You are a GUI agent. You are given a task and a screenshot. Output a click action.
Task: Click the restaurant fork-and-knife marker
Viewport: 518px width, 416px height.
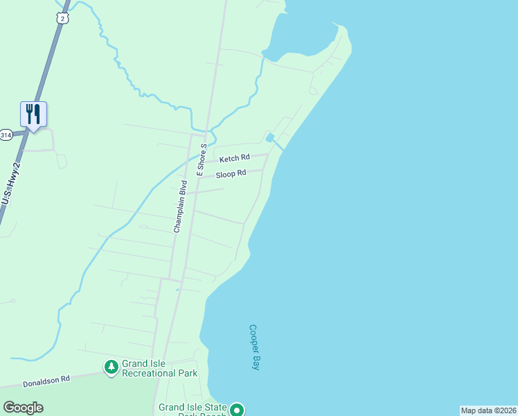coord(33,114)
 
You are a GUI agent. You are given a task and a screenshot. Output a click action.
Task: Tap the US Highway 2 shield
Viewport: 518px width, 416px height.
coord(63,19)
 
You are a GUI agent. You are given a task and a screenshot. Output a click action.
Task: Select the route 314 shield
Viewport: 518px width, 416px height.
coord(6,135)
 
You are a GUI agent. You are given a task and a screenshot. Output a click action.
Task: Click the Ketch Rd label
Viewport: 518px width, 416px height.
coord(234,159)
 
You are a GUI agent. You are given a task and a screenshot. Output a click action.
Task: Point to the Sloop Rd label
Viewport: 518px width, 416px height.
coord(231,174)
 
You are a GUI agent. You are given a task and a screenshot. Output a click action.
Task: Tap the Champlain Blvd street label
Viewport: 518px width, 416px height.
coord(181,205)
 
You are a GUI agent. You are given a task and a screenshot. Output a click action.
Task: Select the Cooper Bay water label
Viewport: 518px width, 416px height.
coord(254,347)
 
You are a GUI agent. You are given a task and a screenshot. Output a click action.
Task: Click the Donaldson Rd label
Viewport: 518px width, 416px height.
coord(46,380)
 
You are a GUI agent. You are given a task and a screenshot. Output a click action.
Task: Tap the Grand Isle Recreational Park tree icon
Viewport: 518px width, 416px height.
coord(111,366)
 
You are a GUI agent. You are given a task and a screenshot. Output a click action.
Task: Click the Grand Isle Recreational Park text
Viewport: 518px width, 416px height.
coord(159,368)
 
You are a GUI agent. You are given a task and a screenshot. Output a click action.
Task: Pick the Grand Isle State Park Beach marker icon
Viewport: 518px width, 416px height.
coord(238,410)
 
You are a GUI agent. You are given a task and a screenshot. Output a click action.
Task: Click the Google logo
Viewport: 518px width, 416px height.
coord(23,407)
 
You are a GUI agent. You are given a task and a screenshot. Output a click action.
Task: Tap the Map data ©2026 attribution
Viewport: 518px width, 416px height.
coord(488,410)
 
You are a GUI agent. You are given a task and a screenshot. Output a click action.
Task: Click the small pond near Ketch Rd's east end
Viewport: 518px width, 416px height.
coord(269,137)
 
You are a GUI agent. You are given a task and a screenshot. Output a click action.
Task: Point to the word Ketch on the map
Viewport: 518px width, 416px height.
coord(229,159)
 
